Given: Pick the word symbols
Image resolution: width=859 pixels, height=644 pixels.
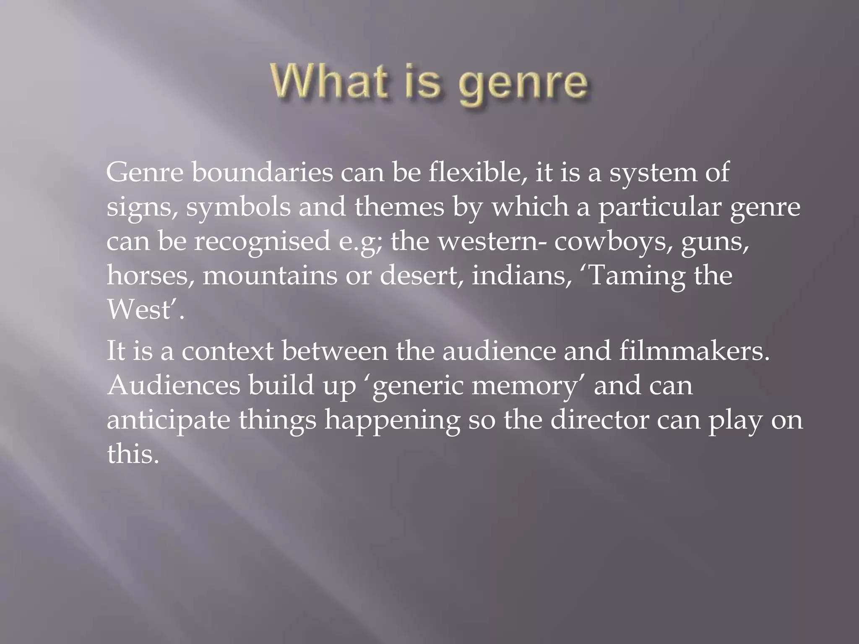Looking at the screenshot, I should (238, 208).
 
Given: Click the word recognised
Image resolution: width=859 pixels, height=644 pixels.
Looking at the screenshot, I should (262, 242).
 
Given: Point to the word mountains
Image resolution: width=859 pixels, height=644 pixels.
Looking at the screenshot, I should (270, 276).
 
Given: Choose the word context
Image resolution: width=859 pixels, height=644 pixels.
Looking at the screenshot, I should (228, 351).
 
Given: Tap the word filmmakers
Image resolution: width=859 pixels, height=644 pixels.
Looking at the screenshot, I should (694, 351).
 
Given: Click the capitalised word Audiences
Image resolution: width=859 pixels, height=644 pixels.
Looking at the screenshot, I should (173, 386).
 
